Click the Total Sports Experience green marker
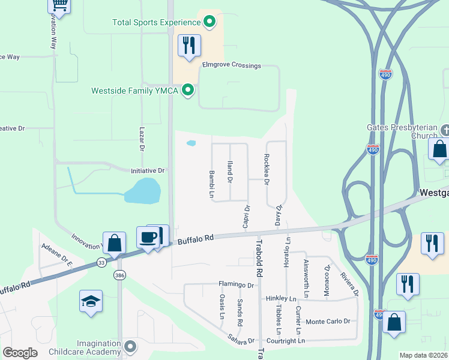coord(209,23)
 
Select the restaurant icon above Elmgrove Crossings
coord(189,46)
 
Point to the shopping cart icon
coord(59,5)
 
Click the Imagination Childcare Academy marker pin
coord(131,347)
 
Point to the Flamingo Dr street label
coord(236,284)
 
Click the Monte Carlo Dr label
coord(327,322)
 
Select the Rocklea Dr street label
coord(267,169)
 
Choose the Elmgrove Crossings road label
coord(231,65)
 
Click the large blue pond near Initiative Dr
coord(142,191)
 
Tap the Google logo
coord(20,352)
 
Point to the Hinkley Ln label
coord(281,299)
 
